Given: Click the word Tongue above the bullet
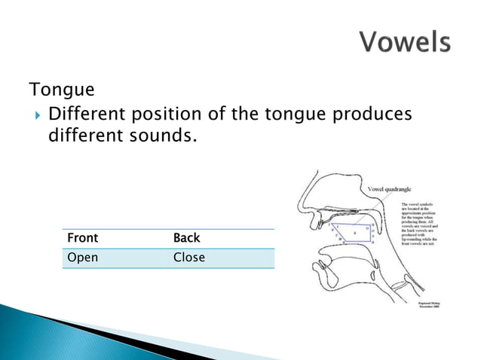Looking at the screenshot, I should tap(62, 90).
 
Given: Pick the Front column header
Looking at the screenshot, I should tap(83, 238).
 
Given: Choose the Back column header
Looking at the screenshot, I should tap(187, 238).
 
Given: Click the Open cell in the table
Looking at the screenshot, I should tap(83, 258).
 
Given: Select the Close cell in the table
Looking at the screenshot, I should tap(189, 258).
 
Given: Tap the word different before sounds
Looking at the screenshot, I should tap(81, 137).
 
